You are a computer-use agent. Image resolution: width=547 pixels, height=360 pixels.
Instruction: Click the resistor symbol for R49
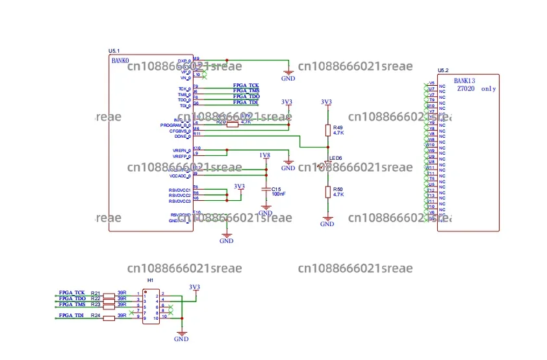click(x=328, y=131)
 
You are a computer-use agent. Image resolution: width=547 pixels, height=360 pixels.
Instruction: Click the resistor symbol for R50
click(x=328, y=192)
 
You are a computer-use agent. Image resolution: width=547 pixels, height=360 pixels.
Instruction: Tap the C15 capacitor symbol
click(x=265, y=189)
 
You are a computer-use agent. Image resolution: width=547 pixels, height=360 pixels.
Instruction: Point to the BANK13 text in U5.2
click(x=464, y=80)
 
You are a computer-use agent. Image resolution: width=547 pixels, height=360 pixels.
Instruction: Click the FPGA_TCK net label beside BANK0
click(x=246, y=86)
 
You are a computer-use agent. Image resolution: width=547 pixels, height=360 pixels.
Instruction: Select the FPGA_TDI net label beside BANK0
click(x=246, y=102)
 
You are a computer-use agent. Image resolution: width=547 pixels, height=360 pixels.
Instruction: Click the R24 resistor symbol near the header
click(x=108, y=316)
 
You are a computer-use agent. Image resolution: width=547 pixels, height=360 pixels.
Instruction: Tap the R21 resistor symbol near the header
click(x=108, y=294)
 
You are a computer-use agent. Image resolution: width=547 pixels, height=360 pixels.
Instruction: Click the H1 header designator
click(x=150, y=280)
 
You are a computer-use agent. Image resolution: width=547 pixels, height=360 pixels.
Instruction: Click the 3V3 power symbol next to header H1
click(x=194, y=287)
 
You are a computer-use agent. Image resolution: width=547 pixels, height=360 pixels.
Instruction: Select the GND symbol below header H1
click(x=181, y=337)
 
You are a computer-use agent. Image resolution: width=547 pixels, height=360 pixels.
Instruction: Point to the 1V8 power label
click(x=264, y=155)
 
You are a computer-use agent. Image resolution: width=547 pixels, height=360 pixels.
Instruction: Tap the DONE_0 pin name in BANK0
click(x=182, y=136)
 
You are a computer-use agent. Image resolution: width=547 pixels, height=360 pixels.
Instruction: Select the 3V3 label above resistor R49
click(x=326, y=102)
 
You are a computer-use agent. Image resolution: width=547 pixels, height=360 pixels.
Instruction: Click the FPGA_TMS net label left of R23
click(x=72, y=304)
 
